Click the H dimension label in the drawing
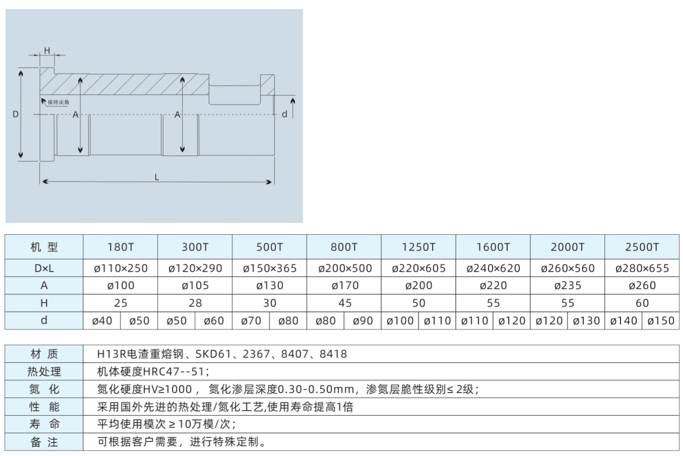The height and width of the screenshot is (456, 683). (47, 50)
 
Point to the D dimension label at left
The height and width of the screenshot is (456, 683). (16, 114)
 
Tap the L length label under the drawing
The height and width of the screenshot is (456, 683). (157, 178)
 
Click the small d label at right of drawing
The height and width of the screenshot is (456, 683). (284, 114)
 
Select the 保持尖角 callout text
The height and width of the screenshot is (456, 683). (58, 102)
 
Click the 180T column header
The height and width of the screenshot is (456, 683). (120, 247)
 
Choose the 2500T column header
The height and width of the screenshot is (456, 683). (642, 247)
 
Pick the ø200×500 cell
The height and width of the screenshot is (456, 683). (345, 268)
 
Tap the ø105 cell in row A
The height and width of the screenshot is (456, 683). (195, 286)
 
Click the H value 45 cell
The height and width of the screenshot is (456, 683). (345, 303)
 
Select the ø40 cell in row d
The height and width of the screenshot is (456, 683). (102, 321)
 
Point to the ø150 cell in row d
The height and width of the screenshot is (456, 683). (661, 321)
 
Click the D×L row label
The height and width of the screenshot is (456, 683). (44, 268)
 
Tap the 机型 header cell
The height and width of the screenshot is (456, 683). (44, 247)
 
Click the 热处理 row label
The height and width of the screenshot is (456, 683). (44, 371)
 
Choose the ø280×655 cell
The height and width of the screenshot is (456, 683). (642, 268)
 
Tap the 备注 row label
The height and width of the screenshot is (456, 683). (44, 442)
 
